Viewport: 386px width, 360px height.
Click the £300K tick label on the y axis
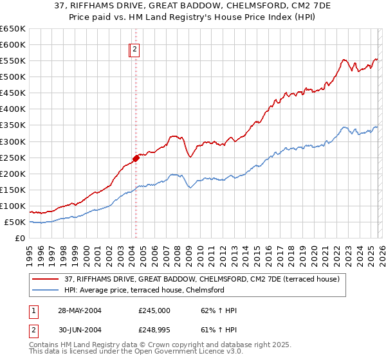(13, 141)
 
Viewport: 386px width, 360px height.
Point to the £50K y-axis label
(15, 222)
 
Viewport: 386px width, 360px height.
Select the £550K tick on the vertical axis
(13, 61)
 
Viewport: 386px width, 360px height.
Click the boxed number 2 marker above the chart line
(134, 49)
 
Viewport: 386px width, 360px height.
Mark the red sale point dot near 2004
(136, 158)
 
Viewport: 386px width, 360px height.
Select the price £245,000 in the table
(154, 310)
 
